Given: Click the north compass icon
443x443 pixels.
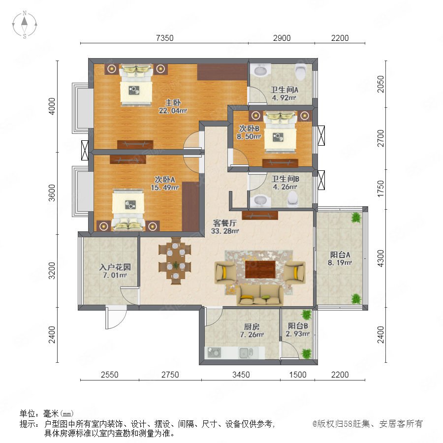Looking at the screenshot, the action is tap(25, 25).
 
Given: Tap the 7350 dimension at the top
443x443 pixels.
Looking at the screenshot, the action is tap(165, 38).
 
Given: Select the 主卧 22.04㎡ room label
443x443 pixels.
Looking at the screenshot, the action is tap(173, 106).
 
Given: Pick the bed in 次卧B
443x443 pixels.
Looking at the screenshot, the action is tap(280, 131).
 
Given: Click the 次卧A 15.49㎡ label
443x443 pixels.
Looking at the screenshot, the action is tap(165, 184).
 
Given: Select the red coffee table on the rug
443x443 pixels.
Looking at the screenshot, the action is tap(260, 269).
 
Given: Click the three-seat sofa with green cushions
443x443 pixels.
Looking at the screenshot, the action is tap(260, 295).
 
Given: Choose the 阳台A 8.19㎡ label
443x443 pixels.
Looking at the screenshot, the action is tap(340, 258).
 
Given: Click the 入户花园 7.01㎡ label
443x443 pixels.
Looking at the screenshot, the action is tap(115, 271).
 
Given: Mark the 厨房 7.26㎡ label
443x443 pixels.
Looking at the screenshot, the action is tap(252, 331).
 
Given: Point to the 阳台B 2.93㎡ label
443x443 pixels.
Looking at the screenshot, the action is tap(298, 330).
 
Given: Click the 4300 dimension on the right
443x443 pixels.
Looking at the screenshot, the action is tap(380, 258).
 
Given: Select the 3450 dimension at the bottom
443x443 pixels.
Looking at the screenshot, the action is tap(241, 375).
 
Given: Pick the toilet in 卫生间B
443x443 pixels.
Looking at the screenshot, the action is tap(293, 198).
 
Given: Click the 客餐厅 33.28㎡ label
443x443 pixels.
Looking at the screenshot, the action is tap(225, 227).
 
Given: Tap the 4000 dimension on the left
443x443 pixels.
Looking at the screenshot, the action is tap(52, 106).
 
